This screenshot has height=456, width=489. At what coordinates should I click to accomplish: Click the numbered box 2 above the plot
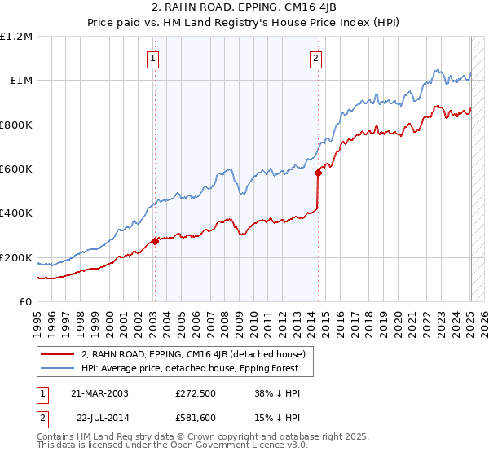(315, 58)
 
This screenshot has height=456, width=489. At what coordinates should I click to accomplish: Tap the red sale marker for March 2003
(155, 241)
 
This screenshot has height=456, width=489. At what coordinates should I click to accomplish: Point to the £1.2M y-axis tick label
(17, 36)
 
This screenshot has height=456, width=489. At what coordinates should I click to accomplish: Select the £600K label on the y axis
(15, 169)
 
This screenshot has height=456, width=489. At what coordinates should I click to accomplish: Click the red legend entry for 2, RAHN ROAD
(192, 354)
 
